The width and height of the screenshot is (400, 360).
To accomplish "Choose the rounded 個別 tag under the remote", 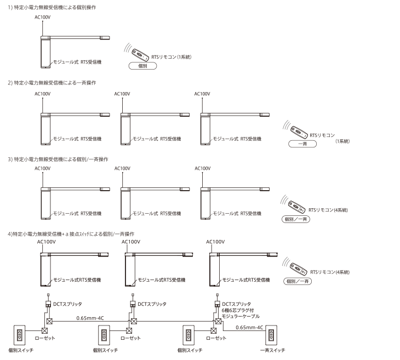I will point(142,65).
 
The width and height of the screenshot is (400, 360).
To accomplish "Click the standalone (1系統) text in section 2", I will point(342,141).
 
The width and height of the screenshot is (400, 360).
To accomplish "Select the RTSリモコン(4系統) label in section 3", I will point(328,210).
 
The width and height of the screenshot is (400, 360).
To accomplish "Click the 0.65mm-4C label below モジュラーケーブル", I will point(249,328).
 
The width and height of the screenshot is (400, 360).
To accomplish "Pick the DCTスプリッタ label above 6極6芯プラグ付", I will point(237,303).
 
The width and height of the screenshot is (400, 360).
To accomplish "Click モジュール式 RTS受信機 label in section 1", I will point(77,62).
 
